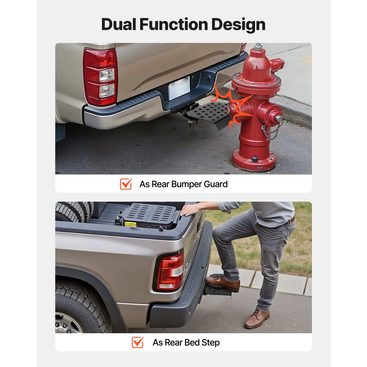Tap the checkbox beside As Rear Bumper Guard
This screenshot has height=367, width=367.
pyautogui.click(x=126, y=184)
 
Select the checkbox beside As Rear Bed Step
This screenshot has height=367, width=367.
pyautogui.click(x=138, y=342)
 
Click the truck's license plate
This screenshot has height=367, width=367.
pyautogui.click(x=179, y=88)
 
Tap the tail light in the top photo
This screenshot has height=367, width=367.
pyautogui.click(x=100, y=76)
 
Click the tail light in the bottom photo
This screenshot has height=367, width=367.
pyautogui.click(x=170, y=272)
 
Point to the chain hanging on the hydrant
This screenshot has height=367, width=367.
pyautogui.click(x=272, y=131)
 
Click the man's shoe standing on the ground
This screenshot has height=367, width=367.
pyautogui.click(x=257, y=319)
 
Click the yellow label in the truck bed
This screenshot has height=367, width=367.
pyautogui.click(x=130, y=224)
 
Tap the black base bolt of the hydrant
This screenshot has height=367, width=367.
pyautogui.click(x=255, y=159)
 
